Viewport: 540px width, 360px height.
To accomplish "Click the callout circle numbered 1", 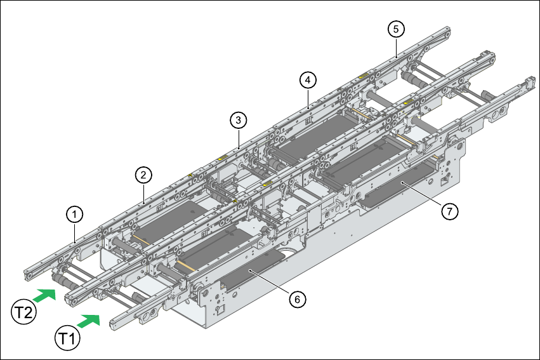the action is click(75, 215).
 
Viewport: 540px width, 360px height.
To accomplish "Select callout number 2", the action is click(144, 173).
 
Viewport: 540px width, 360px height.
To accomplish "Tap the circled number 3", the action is click(237, 119).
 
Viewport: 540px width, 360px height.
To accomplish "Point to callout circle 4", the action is click(307, 80).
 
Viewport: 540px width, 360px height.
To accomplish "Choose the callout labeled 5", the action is click(396, 29).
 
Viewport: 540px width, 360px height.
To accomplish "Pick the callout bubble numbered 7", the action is click(449, 212).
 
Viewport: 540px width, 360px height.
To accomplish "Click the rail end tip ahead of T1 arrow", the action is click(115, 323).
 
